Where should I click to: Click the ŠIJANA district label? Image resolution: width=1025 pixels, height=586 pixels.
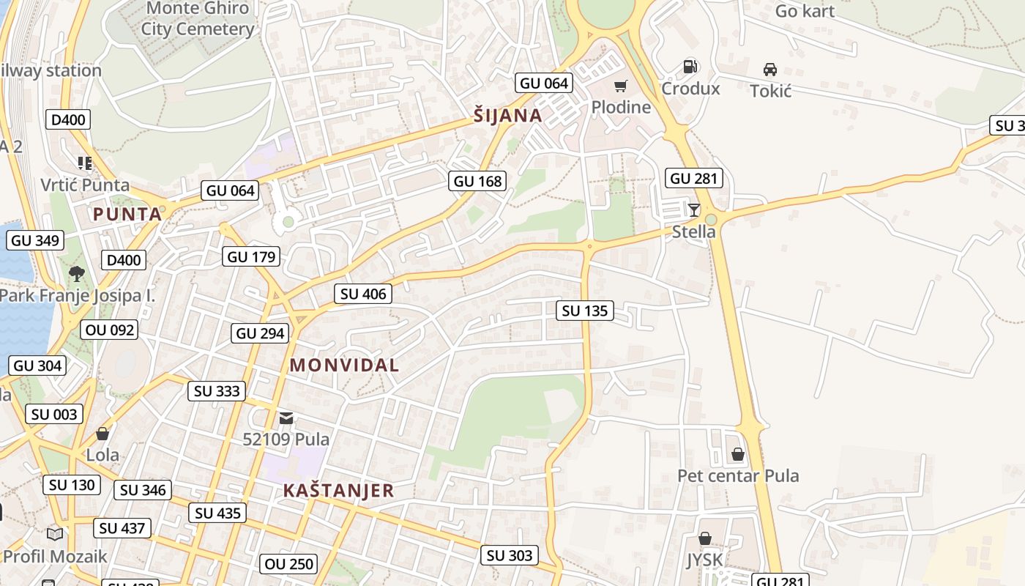[x=507, y=115]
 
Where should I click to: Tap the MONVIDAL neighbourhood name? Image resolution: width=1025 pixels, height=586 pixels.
[x=344, y=365]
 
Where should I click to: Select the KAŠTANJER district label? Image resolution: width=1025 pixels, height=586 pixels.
[x=338, y=490]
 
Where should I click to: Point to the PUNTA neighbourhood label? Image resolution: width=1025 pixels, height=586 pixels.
[x=127, y=214]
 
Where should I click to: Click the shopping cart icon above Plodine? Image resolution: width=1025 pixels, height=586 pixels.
[x=621, y=86]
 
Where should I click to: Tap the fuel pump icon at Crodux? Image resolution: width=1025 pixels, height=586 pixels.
[x=690, y=67]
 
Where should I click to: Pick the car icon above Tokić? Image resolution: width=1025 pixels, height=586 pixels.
[x=770, y=70]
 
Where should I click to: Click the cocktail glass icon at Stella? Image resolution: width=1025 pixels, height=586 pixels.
[x=694, y=210]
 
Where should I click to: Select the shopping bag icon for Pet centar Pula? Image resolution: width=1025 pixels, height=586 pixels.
[x=738, y=454]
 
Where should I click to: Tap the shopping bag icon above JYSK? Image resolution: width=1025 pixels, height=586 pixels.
[x=704, y=538]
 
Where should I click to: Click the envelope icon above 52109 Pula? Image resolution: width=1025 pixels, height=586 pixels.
[x=286, y=418]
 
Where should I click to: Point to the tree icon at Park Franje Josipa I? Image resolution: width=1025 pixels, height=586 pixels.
[x=76, y=274]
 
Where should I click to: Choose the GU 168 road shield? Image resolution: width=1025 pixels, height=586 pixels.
[x=478, y=181]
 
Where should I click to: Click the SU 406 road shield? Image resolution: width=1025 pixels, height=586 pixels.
[x=363, y=294]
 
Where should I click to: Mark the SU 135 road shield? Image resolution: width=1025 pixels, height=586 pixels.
[x=585, y=311]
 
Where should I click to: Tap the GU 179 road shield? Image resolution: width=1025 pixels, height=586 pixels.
[x=251, y=256]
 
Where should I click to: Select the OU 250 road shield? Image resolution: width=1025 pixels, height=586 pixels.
[x=289, y=564]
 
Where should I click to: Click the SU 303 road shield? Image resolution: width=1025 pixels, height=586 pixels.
[x=510, y=555]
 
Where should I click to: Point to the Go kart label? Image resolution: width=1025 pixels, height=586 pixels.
[x=805, y=11]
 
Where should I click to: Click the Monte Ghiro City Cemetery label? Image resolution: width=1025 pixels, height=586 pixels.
[x=198, y=19]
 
